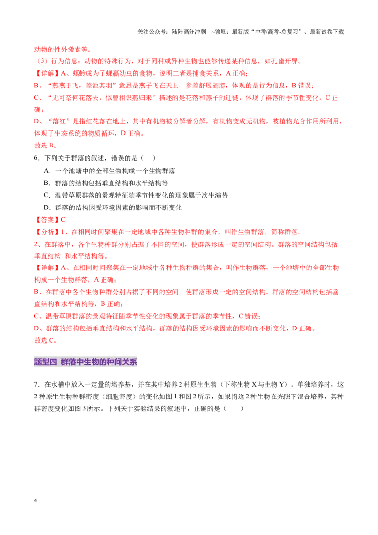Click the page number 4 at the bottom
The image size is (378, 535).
tap(35, 500)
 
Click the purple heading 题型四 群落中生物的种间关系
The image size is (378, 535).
tap(86, 362)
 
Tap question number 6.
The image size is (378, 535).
tap(37, 158)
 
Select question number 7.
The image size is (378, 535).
tap(37, 385)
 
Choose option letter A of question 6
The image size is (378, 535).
tap(47, 171)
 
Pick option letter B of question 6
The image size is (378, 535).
tap(47, 183)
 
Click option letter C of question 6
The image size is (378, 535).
tap(47, 195)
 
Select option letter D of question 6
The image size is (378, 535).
tap(47, 207)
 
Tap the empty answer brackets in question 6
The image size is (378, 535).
tap(148, 158)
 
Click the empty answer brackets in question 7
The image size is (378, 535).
tap(234, 408)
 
